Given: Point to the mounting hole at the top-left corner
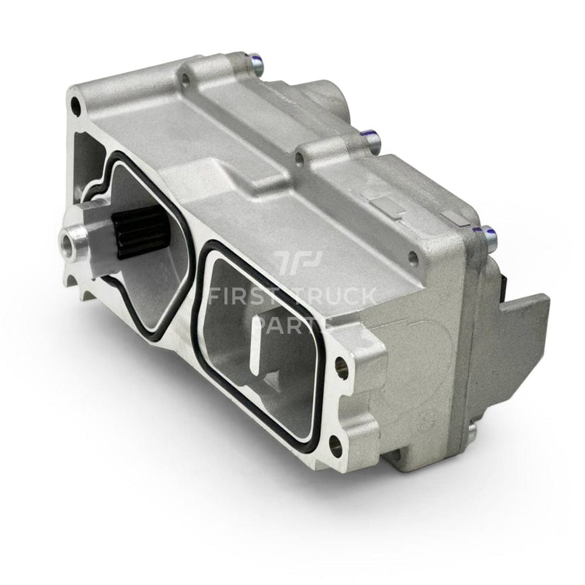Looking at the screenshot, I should (75, 106).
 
